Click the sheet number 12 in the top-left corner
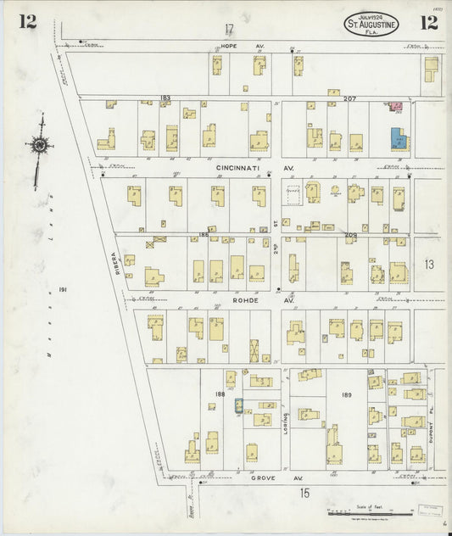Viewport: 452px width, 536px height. [x=28, y=21]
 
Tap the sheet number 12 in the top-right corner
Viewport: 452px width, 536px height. [x=428, y=22]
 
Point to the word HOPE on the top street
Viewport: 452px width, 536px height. [x=229, y=45]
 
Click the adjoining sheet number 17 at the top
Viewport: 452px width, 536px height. [x=229, y=29]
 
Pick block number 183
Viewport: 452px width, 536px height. [x=165, y=98]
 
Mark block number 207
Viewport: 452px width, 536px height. [x=350, y=99]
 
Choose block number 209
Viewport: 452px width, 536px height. [x=350, y=234]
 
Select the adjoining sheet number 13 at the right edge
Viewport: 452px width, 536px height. [x=429, y=265]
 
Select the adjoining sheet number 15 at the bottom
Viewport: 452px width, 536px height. [x=304, y=493]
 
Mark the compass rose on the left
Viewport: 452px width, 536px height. [x=39, y=146]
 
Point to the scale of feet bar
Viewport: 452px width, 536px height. [x=373, y=512]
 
